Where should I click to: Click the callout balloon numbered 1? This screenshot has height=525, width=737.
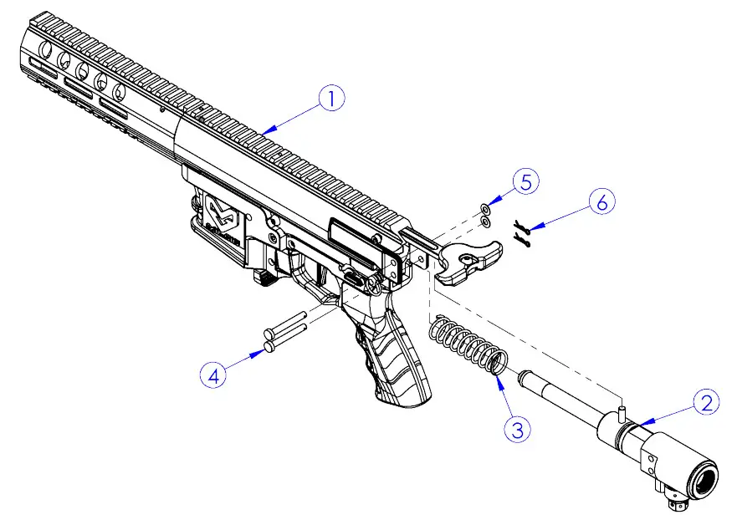pyautogui.click(x=331, y=99)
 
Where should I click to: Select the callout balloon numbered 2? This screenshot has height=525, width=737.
pyautogui.click(x=708, y=404)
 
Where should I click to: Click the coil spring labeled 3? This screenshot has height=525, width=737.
pyautogui.click(x=468, y=347)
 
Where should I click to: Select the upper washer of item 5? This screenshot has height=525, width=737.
pyautogui.click(x=486, y=208)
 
